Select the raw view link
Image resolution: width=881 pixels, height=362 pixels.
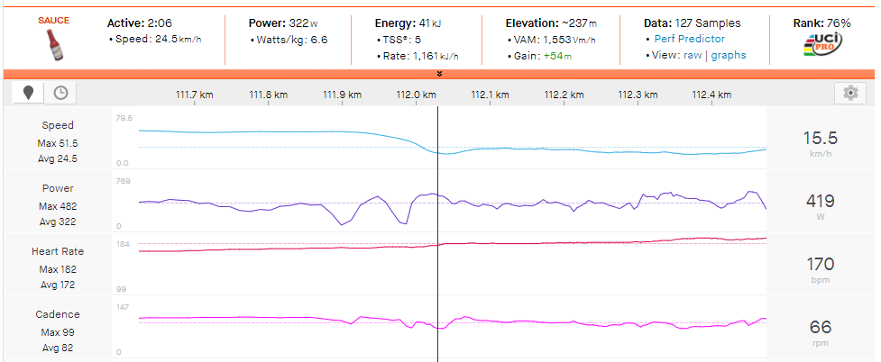pos(693,55)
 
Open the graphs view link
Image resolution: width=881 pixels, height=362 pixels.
pos(729,55)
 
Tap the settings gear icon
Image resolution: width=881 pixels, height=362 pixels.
pos(849,93)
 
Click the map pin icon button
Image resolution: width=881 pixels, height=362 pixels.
pos(29,93)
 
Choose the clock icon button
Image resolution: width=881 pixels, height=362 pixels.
pos(60,93)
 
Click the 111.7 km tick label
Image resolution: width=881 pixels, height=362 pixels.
pos(193,95)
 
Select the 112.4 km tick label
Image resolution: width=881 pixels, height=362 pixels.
pos(711,95)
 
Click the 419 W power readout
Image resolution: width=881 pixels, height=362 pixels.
pos(821,201)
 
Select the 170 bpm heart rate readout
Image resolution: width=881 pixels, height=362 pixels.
pos(821,264)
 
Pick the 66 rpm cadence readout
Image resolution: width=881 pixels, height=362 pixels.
pos(821,327)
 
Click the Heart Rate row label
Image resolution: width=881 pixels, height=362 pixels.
pos(58,251)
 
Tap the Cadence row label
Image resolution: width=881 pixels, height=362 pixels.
pos(58,314)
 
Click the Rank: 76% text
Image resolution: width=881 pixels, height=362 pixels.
pos(821,23)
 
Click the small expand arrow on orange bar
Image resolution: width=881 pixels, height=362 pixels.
pos(439,73)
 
